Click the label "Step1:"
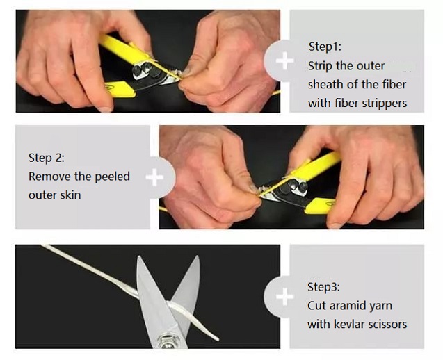tap(325, 47)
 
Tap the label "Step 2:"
tap(47, 158)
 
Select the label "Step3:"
tap(324, 287)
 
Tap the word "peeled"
tap(112, 177)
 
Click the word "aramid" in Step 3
tap(350, 306)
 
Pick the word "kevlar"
tap(348, 324)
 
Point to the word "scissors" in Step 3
tap(386, 325)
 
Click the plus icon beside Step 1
tap(284, 60)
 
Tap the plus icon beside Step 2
tap(154, 177)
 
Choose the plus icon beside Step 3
tap(285, 297)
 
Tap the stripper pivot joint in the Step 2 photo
tap(296, 186)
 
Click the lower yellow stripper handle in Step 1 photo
tap(120, 89)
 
